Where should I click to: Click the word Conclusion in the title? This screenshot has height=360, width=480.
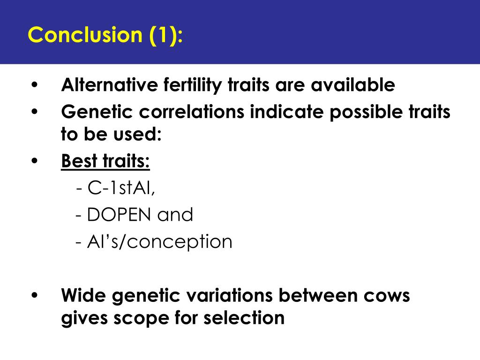click(x=85, y=34)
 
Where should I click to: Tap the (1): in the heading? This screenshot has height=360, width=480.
click(x=166, y=35)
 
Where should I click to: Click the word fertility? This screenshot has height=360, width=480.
click(x=193, y=85)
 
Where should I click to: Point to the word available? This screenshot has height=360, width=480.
click(x=353, y=85)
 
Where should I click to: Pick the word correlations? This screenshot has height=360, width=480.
click(x=192, y=112)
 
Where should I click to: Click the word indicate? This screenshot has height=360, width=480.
click(x=287, y=112)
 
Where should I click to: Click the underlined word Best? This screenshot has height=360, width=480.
click(x=79, y=161)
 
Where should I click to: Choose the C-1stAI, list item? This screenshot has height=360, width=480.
click(x=116, y=187)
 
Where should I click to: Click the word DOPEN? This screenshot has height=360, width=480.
click(x=119, y=214)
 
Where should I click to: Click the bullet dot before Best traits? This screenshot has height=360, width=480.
click(x=34, y=161)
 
